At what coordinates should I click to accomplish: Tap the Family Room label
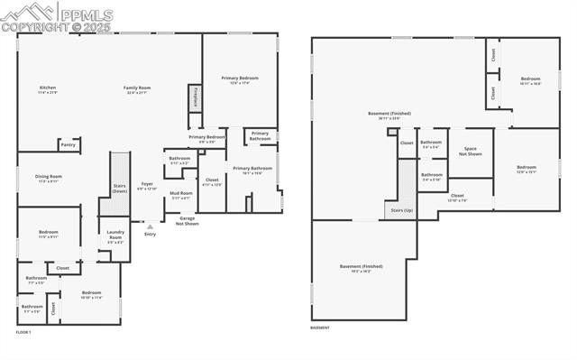coord(137,88)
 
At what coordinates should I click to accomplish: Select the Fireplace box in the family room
coord(193,97)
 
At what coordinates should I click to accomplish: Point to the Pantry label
coord(68,144)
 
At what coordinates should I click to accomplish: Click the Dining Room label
coord(49,177)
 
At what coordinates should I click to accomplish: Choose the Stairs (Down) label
coord(119,189)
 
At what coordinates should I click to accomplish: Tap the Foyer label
coord(146,185)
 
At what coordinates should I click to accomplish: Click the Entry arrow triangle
coord(138,226)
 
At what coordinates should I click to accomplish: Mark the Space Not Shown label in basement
coord(470,151)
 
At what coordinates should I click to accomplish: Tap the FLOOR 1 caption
coord(23,332)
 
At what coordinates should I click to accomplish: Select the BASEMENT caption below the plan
coord(320,328)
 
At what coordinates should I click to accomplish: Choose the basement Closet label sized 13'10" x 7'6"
coord(457,197)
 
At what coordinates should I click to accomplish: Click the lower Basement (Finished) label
coord(361,268)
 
